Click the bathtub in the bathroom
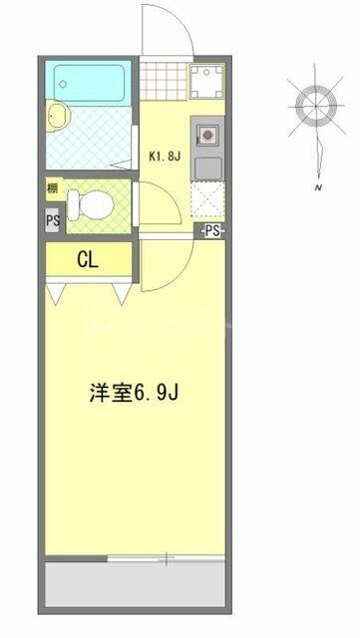[89, 83]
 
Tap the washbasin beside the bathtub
[58, 116]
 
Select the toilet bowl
[91, 205]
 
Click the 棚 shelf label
[53, 188]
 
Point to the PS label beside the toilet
[53, 220]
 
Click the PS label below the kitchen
[211, 231]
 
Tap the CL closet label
[88, 260]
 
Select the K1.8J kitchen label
[165, 157]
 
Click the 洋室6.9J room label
[134, 394]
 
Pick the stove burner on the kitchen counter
[207, 135]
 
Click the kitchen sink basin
[208, 168]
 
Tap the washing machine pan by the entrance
[206, 82]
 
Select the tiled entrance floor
[164, 81]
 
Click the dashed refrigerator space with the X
[207, 199]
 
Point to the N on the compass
[318, 187]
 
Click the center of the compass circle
[316, 107]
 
